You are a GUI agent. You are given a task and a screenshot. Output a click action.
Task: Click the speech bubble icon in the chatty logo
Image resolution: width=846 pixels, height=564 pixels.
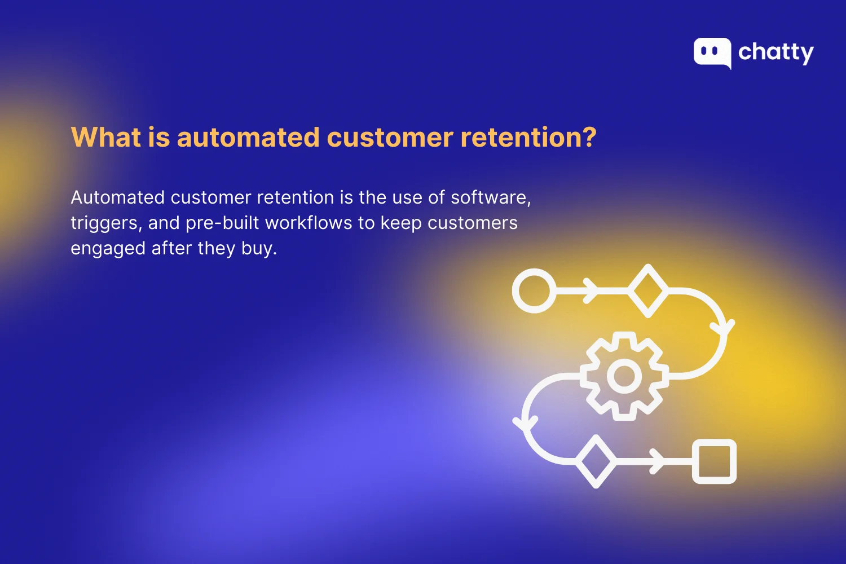(x=712, y=52)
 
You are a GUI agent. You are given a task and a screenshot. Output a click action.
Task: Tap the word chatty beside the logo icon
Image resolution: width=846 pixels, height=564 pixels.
(x=776, y=53)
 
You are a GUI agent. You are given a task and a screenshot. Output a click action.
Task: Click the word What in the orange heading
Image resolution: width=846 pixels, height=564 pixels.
(x=105, y=137)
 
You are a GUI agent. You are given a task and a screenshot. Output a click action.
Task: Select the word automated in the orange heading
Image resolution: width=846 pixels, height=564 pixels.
(x=248, y=137)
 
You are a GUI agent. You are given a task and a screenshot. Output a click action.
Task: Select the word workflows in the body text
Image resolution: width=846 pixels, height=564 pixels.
(x=309, y=223)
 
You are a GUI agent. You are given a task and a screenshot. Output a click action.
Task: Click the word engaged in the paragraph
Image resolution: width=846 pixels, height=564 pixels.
(x=108, y=249)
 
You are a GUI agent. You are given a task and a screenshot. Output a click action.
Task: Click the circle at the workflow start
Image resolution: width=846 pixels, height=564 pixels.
(x=533, y=290)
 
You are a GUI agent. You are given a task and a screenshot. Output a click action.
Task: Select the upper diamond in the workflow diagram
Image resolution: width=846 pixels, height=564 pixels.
(x=648, y=290)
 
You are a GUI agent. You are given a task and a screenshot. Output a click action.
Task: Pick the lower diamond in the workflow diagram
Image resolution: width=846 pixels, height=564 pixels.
(x=596, y=461)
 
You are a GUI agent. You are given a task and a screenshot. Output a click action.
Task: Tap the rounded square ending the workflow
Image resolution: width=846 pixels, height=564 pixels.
(x=714, y=461)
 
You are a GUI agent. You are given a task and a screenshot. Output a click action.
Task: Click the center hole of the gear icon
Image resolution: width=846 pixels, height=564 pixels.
(x=624, y=376)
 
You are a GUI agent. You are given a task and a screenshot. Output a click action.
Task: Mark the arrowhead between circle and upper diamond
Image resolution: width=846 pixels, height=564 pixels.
(x=591, y=290)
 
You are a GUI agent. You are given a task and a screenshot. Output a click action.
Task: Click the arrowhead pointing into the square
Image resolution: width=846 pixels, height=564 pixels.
(x=656, y=461)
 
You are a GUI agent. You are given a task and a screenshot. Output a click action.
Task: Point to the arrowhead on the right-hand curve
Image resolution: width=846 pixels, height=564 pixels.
(x=723, y=328)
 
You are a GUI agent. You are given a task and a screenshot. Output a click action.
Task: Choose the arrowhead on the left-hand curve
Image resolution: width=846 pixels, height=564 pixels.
(x=526, y=424)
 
